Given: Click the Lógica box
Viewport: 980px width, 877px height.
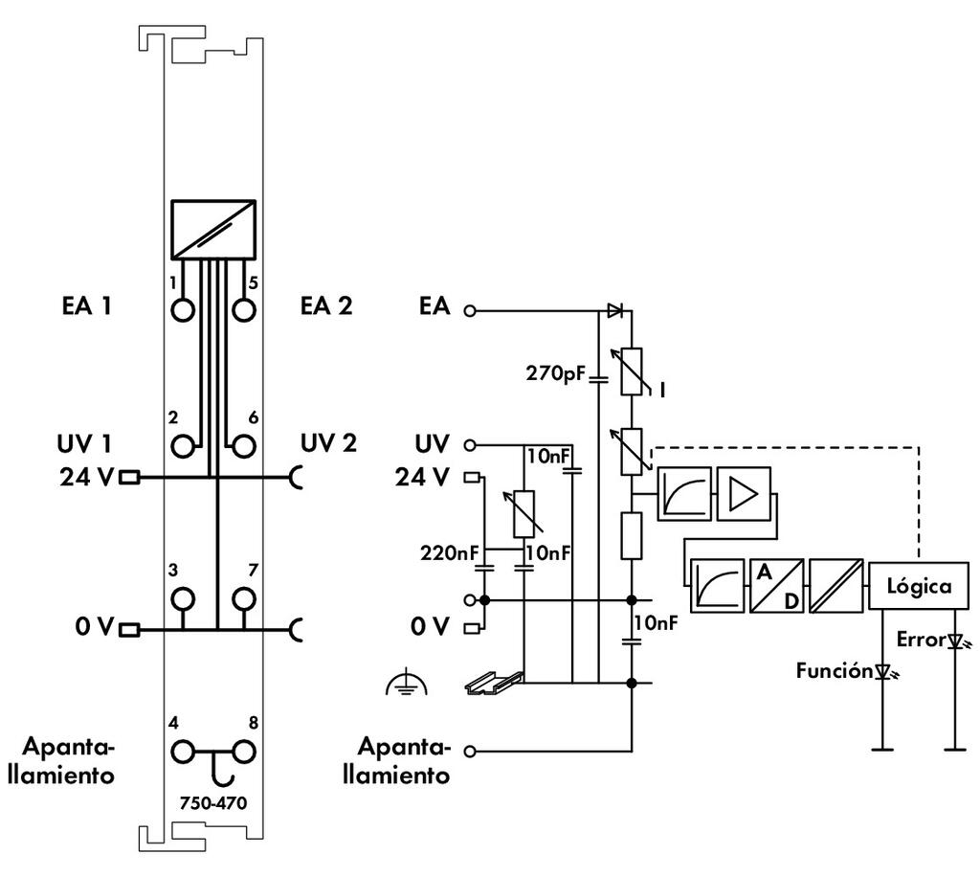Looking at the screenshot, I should (918, 586).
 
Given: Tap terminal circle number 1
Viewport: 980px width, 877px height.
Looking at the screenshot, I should (183, 310).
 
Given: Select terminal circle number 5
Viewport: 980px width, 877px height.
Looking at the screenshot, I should (244, 310).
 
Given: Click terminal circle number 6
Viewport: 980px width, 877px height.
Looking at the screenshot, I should (244, 445).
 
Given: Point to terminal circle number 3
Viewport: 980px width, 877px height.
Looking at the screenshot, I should (183, 598).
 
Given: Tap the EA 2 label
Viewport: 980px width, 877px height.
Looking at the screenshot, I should (325, 306).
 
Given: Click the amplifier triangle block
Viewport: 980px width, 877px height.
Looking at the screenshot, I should (743, 494).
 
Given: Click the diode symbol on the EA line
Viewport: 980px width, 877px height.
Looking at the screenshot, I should (613, 310).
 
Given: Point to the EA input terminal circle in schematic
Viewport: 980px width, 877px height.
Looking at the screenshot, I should (469, 310).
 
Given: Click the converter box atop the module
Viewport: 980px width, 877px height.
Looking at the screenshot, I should (213, 229).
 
